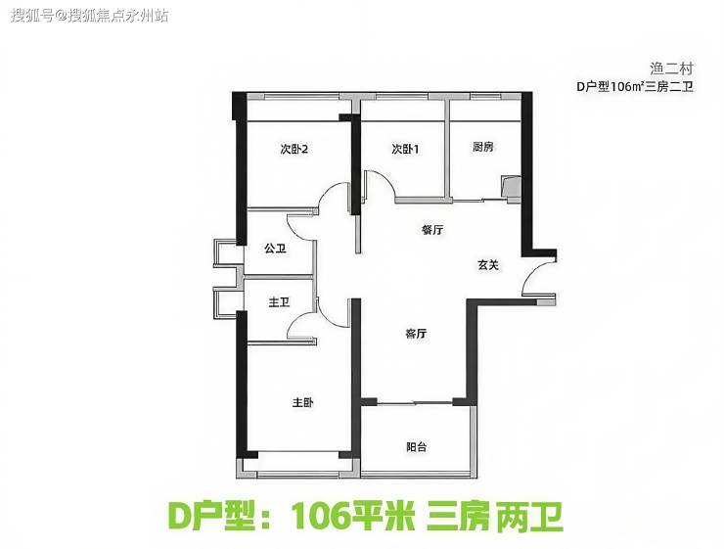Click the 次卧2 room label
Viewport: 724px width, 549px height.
pos(294,149)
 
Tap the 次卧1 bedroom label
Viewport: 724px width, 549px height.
pos(405,149)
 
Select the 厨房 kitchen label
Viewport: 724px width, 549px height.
pos(483,147)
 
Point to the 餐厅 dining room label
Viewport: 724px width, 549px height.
pos(432,229)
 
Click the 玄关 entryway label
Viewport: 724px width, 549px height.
pos(488,265)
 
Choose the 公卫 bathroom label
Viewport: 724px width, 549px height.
pos(275,249)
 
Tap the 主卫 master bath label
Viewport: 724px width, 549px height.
pos(280,302)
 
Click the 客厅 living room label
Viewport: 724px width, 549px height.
pos(416,334)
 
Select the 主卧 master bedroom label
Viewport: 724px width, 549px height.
pos(303,402)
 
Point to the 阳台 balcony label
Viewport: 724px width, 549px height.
pos(417,446)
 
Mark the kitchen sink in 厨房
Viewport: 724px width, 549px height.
pos(511,188)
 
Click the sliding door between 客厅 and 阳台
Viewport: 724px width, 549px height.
pos(415,403)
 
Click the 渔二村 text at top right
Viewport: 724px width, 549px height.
pos(672,69)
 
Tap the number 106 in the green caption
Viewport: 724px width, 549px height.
pos(321,516)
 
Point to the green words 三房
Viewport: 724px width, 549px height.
pos(458,516)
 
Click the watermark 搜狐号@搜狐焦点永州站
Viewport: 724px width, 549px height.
pos(90,16)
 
